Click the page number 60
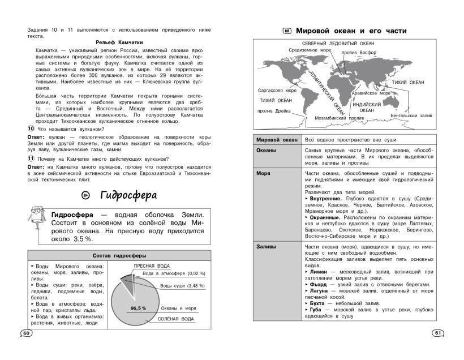tap(25, 333)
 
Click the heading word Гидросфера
tap(132, 195)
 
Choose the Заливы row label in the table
tap(266, 246)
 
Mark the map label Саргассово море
tap(277, 91)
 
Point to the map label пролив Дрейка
tap(274, 111)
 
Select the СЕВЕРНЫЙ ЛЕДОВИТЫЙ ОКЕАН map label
tap(337, 43)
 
